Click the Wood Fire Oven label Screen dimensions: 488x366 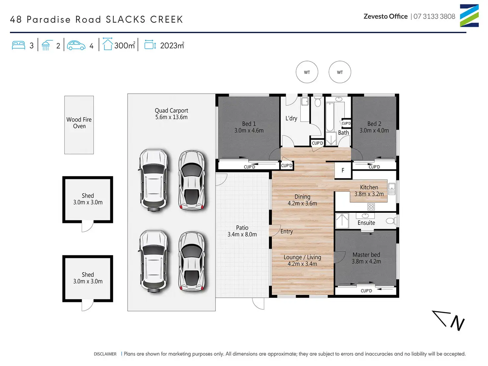pos(79,123)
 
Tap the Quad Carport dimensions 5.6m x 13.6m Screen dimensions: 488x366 pos(171,117)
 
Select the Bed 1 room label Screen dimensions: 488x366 pos(249,124)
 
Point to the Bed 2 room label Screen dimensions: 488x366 pos(374,124)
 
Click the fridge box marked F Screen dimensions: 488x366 pos(343,170)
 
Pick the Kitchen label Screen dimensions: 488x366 pos(369,187)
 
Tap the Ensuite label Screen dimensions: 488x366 pos(366,223)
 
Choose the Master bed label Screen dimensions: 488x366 pos(366,255)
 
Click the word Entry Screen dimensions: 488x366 pos(286,231)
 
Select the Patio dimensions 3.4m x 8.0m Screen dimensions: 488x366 pos(242,234)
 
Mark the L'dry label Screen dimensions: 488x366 pos(291,118)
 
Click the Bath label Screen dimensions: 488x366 pos(343,133)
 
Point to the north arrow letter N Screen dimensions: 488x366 pos(457,323)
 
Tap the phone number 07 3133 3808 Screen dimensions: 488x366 pos(434,17)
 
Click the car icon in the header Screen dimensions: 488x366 pos(76,45)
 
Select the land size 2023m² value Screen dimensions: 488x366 pos(172,45)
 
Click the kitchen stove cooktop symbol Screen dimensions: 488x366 pos(371,207)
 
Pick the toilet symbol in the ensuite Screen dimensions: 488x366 pos(391,221)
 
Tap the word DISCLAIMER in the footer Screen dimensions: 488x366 pos(105,354)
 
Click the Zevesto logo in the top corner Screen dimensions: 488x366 pos(469,16)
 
